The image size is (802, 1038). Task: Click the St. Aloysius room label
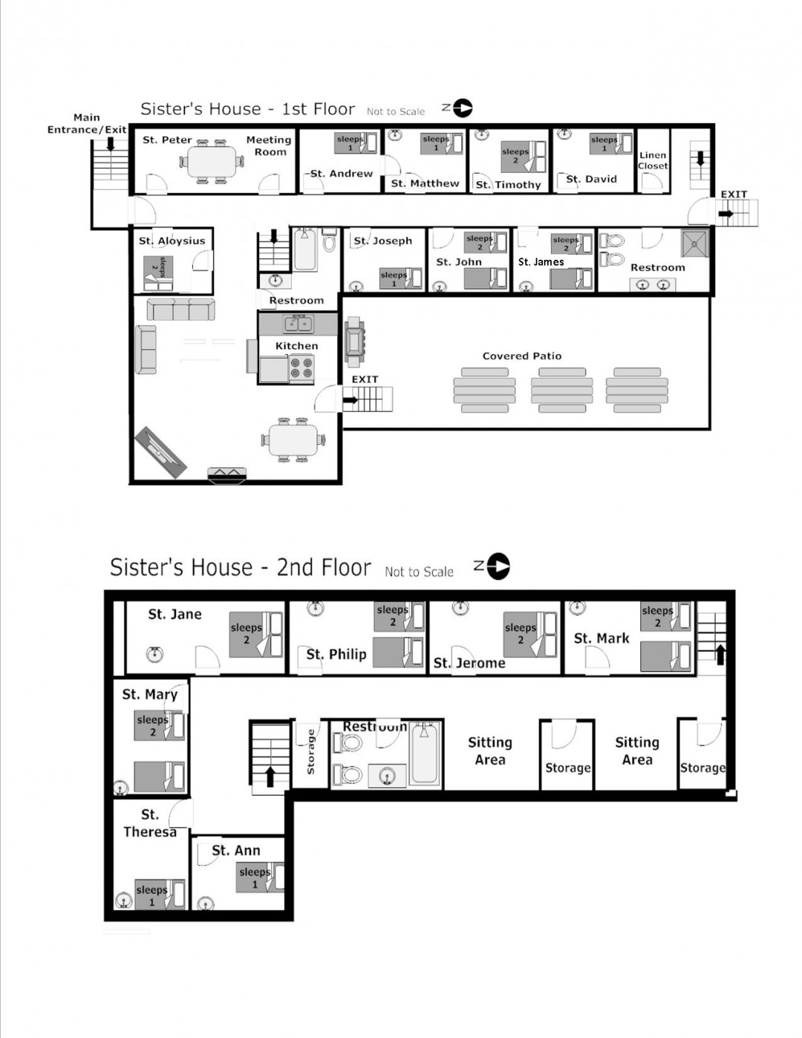click(x=172, y=241)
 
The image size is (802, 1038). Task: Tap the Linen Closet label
click(x=653, y=160)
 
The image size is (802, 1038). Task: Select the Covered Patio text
click(x=522, y=356)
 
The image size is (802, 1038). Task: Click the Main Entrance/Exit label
click(x=87, y=123)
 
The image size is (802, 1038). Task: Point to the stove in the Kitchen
click(x=301, y=368)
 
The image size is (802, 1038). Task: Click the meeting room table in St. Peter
click(x=212, y=161)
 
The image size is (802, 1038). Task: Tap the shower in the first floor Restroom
click(x=695, y=242)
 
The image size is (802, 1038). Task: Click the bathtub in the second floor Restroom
click(x=424, y=754)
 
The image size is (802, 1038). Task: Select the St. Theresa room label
click(x=150, y=823)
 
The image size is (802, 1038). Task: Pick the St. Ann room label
click(x=236, y=850)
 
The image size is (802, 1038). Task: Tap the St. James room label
click(x=541, y=261)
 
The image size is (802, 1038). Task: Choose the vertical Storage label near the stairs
click(x=310, y=752)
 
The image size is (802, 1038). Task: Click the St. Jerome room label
click(x=469, y=662)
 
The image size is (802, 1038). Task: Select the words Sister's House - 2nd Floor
click(x=240, y=567)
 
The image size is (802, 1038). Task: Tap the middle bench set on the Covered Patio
click(x=561, y=391)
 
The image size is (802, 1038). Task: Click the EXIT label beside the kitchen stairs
click(x=365, y=379)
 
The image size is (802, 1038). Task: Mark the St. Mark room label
click(x=601, y=638)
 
